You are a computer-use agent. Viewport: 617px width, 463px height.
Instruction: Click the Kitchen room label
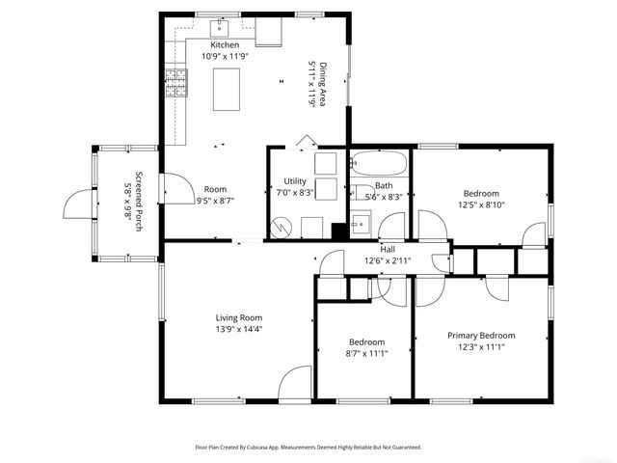tap(225, 45)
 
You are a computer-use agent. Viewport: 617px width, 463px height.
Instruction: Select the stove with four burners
tap(175, 85)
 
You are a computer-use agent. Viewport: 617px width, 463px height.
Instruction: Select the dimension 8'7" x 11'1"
tap(366, 354)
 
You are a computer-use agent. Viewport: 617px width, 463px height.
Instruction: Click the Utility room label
tap(294, 181)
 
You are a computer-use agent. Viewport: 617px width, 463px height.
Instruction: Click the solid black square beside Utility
tap(338, 231)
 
